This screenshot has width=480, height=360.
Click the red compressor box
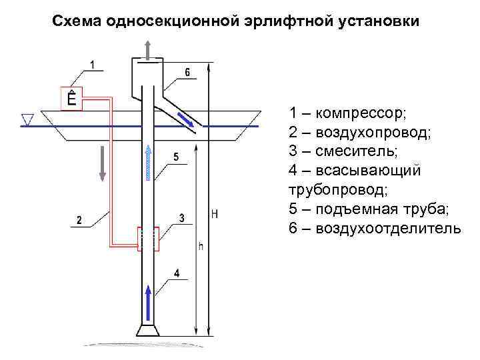[x=71, y=99]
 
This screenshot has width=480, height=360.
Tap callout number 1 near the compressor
[x=93, y=65]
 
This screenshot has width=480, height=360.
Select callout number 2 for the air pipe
[x=79, y=219]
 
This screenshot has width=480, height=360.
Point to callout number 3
[x=181, y=217]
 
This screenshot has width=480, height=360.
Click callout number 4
[x=176, y=273]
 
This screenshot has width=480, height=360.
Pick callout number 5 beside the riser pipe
[x=175, y=157]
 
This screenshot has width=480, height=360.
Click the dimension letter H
[x=214, y=215]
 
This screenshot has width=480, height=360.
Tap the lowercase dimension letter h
[x=201, y=246]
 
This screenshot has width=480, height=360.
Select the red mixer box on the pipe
[x=148, y=239]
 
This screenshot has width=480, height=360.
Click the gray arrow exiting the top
[x=148, y=47]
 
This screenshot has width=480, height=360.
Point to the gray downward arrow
[x=102, y=163]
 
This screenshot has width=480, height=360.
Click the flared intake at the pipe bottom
[x=147, y=331]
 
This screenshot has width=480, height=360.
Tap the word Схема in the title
[x=75, y=21]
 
